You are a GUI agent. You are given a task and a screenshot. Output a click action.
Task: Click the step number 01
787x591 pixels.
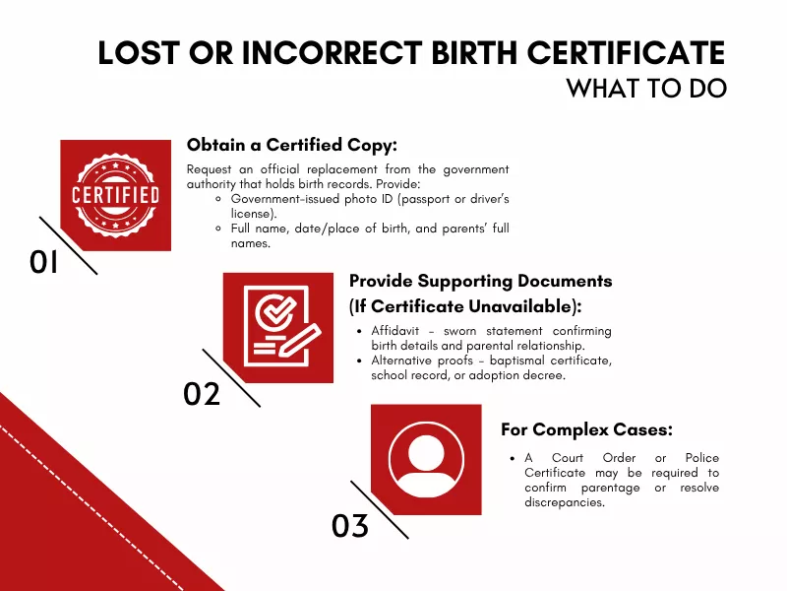tap(45, 262)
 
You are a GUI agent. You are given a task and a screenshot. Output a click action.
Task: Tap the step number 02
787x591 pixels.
tap(202, 394)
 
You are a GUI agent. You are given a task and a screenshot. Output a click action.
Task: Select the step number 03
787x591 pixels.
tap(350, 526)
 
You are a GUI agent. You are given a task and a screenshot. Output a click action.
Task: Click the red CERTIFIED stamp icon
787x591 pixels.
tap(115, 195)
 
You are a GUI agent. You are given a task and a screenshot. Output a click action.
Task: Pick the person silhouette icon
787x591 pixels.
tap(426, 459)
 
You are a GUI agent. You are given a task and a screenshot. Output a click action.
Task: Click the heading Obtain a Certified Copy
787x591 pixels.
tap(291, 145)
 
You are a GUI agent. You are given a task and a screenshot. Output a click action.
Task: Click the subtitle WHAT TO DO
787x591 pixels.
tap(646, 88)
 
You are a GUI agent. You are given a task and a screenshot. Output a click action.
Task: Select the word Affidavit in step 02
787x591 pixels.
tap(395, 330)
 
